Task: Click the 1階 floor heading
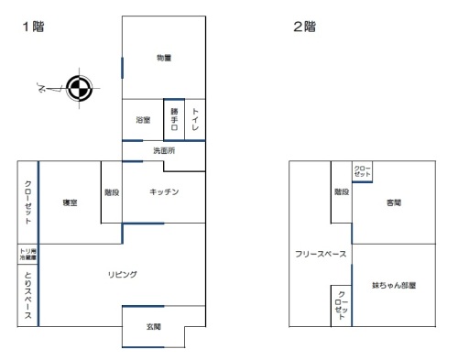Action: coord(33,27)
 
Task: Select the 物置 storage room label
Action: coord(164,58)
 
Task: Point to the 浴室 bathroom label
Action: coord(142,120)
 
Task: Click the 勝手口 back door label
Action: coord(174,120)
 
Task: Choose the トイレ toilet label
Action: coord(195,120)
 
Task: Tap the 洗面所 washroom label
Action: coord(164,150)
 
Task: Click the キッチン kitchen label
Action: coord(163,191)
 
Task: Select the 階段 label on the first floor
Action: coord(112,191)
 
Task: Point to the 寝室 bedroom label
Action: coord(70,202)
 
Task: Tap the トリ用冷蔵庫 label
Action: coord(28,256)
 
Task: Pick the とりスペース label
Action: coord(28,296)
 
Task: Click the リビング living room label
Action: coord(122,274)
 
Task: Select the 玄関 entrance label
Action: coord(154,326)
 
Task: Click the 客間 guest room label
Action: coord(395,202)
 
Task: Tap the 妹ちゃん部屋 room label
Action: coord(395,285)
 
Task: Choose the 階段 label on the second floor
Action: coord(341,191)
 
